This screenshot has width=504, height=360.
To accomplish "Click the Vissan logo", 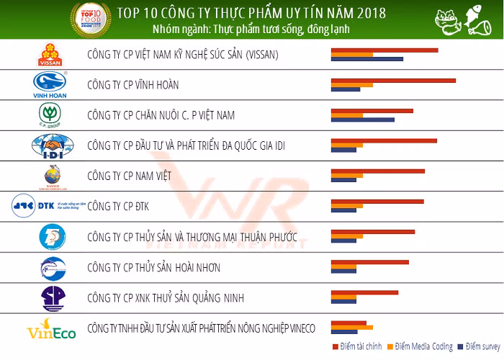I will (x=50, y=55).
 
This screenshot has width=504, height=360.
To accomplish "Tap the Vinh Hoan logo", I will (x=50, y=85).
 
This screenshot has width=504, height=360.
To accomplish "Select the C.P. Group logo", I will (x=50, y=115).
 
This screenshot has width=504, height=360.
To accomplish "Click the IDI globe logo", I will (x=50, y=146).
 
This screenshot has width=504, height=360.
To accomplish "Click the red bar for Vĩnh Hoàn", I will (x=392, y=81).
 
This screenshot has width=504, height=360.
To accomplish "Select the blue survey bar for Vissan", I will (x=366, y=59).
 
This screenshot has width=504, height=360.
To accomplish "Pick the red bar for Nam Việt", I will (x=377, y=171).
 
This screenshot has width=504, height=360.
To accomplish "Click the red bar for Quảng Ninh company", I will (x=364, y=292).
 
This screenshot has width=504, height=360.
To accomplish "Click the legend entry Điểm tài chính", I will (x=358, y=347).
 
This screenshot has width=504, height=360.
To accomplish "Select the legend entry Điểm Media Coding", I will (x=421, y=347).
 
